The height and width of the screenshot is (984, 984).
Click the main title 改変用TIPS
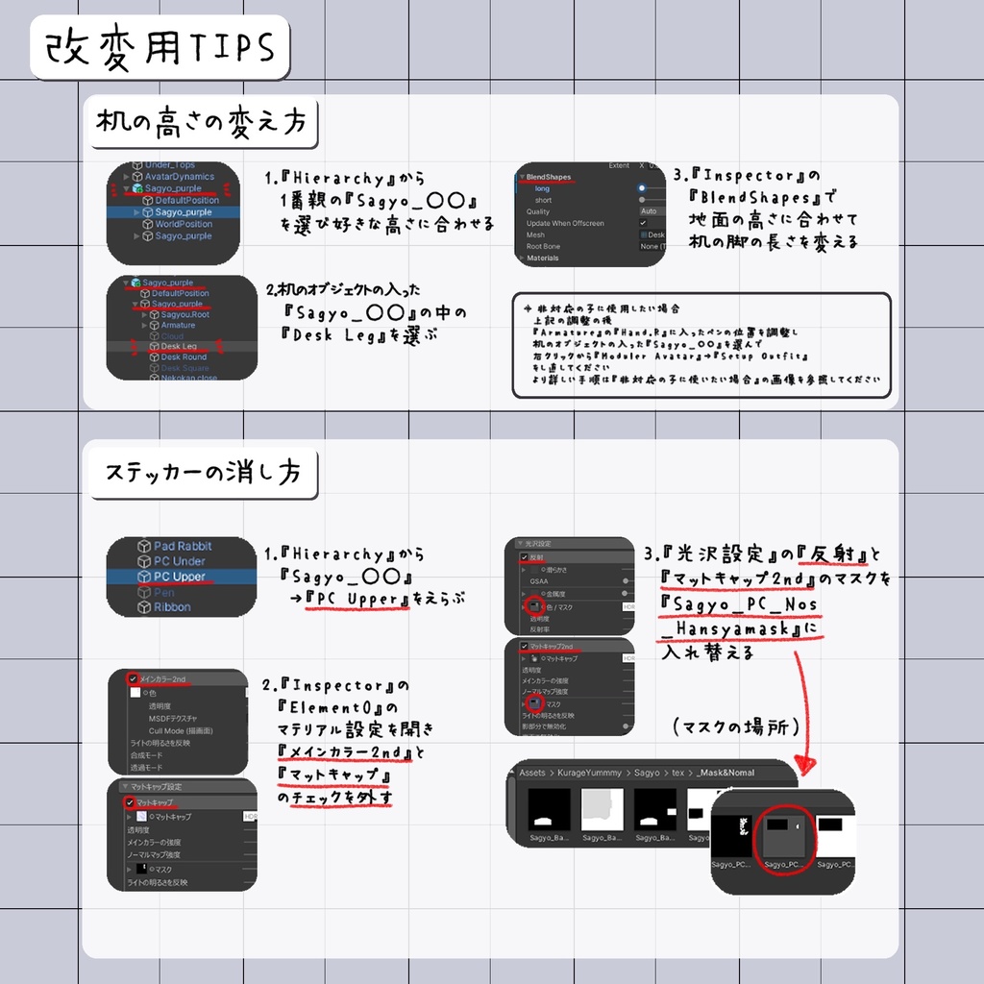tap(160, 46)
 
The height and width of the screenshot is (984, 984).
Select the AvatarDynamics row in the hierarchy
tap(179, 177)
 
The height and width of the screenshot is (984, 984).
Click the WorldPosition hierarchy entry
tap(184, 224)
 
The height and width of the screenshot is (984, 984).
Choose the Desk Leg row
tap(179, 346)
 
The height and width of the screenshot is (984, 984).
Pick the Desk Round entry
tap(184, 357)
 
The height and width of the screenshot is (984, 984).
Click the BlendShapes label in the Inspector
tap(549, 178)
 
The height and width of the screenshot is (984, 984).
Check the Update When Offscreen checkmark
tap(643, 223)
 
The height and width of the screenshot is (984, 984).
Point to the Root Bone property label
tap(544, 246)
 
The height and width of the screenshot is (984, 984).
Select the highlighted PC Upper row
tap(179, 577)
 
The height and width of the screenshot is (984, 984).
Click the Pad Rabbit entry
tap(183, 546)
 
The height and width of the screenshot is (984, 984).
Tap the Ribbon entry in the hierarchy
tap(172, 607)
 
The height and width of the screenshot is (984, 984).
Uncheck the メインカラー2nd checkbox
tap(133, 678)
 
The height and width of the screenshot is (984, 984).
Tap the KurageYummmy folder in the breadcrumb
tap(589, 772)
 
